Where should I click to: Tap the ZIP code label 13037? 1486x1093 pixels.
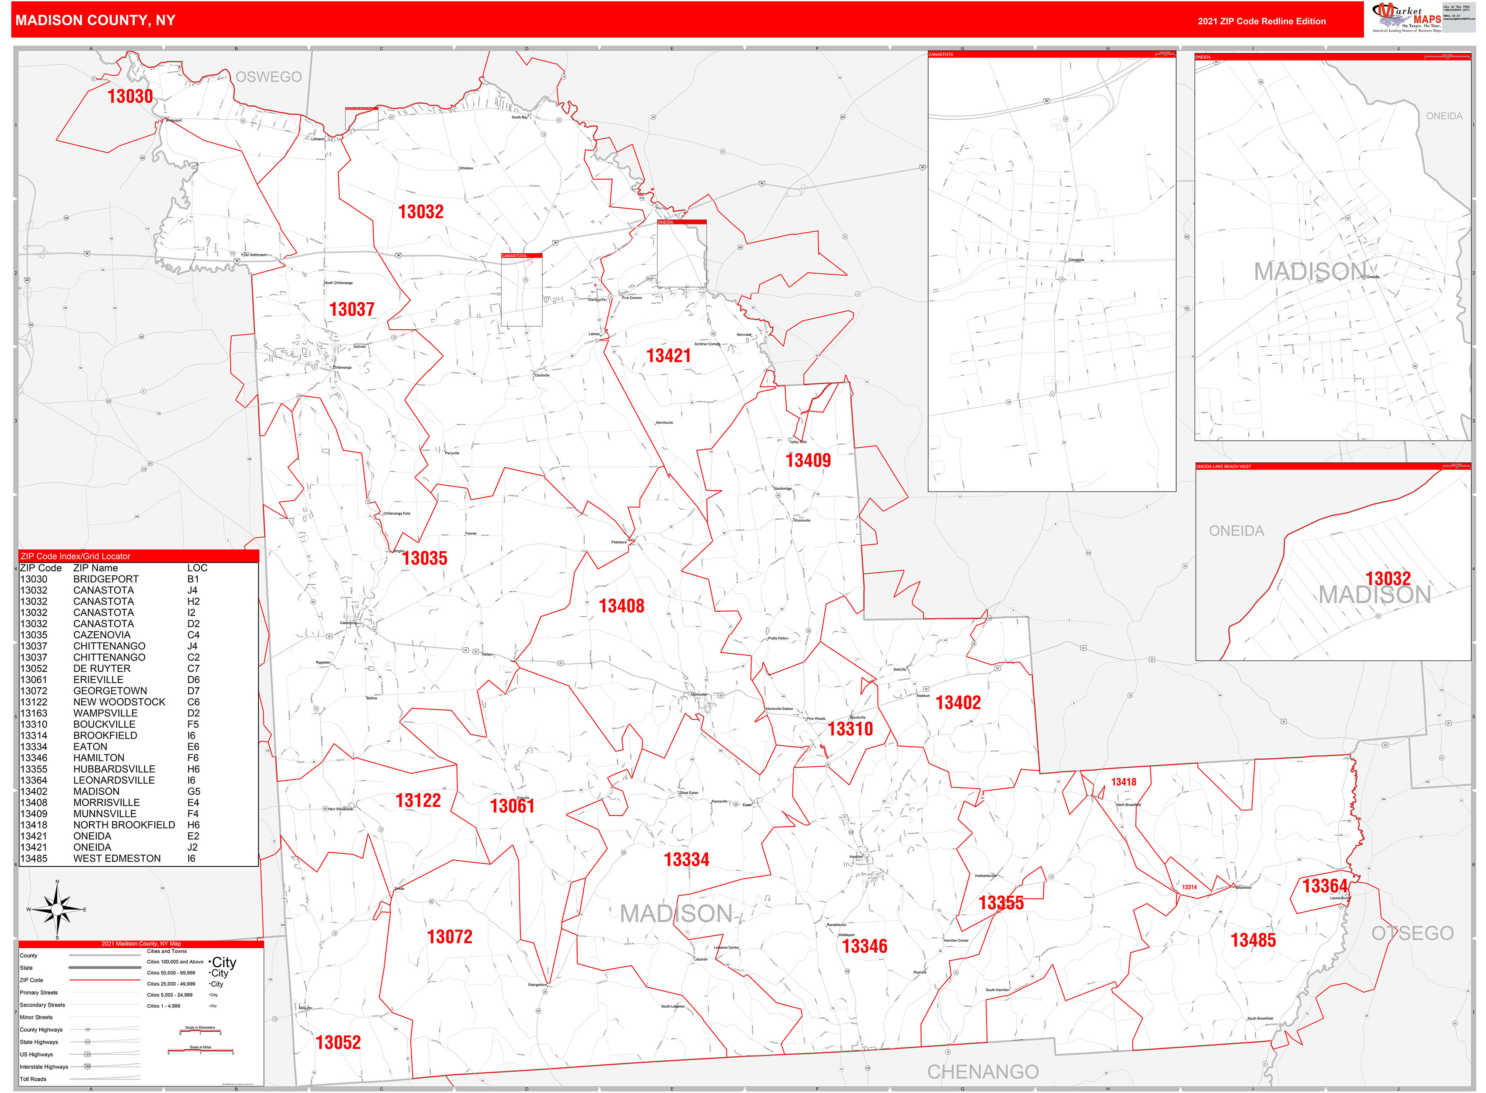click(x=351, y=309)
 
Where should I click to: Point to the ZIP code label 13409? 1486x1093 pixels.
click(x=808, y=460)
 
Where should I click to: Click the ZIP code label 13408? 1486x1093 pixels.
click(x=621, y=605)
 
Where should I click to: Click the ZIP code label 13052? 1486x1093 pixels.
click(x=338, y=1042)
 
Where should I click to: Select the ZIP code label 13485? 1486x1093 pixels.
click(x=1252, y=940)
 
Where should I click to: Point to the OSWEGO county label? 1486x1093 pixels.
click(x=269, y=77)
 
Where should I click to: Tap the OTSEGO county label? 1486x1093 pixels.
click(x=1412, y=933)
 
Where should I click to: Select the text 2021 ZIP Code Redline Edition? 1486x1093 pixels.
click(x=1261, y=21)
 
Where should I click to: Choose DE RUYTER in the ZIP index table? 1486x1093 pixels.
click(x=102, y=668)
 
